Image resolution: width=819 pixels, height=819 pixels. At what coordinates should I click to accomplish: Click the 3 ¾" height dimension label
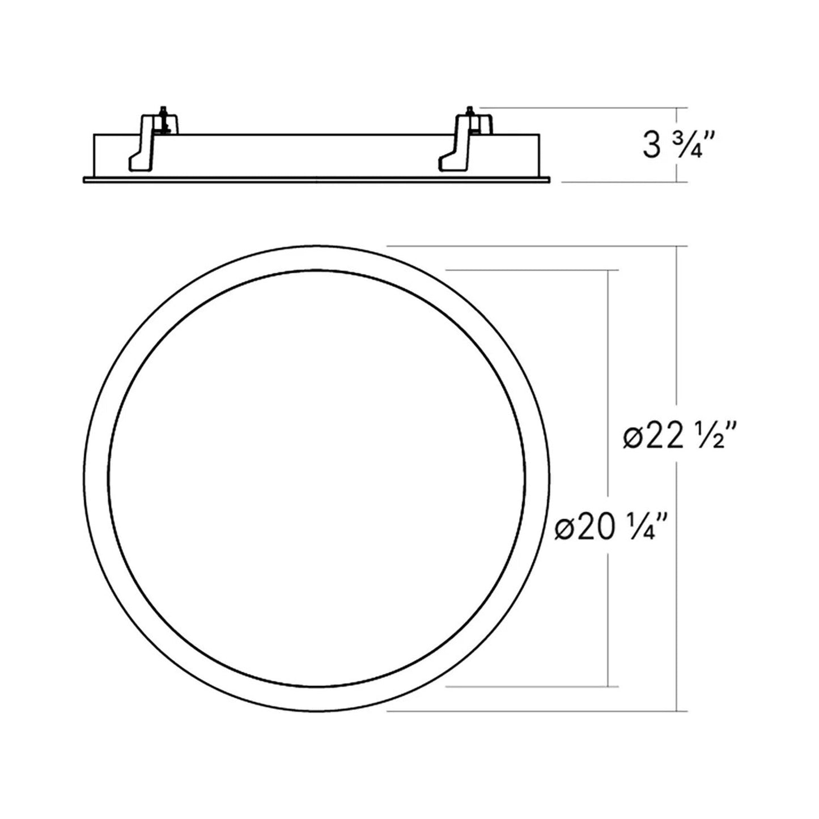click(678, 145)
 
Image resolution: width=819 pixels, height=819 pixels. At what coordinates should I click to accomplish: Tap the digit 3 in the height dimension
click(651, 145)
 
